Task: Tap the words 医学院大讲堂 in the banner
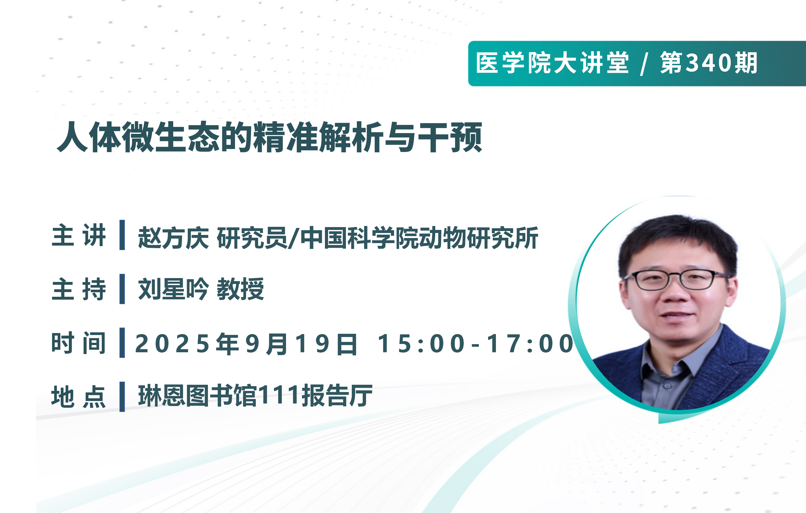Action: coord(552,63)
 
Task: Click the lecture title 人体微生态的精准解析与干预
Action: coord(270,137)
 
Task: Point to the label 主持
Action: coord(79,289)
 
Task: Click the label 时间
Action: coord(79,343)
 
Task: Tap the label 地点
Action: coord(79,397)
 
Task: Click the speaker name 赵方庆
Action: coord(174,238)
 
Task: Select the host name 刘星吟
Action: coord(174,289)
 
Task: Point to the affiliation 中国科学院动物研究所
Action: coord(419,238)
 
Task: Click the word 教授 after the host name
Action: coord(240,289)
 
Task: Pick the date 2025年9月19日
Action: coord(246,344)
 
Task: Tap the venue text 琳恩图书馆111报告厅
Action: coord(255,395)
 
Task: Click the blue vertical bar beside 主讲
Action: coord(122,235)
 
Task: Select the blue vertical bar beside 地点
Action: coord(122,397)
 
